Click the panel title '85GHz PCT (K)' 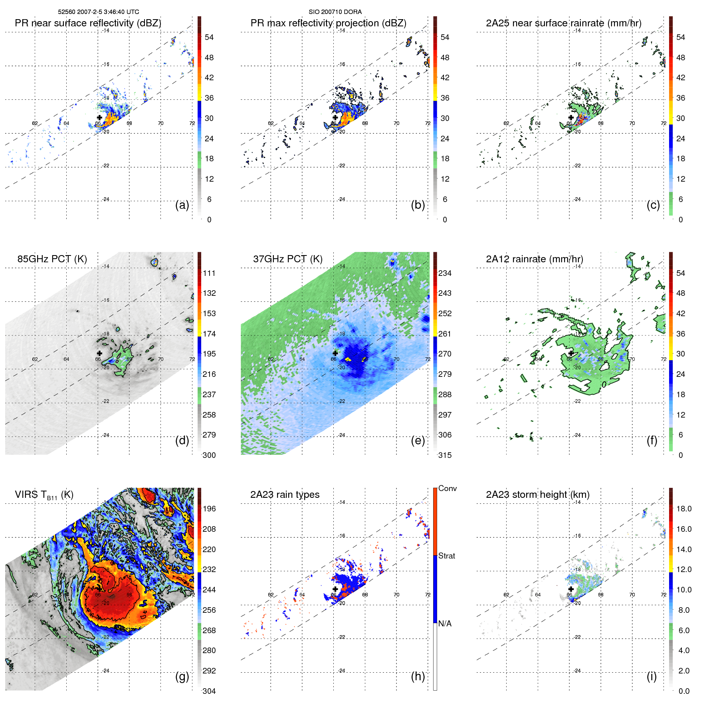coord(52,259)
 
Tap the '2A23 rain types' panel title coord(285,495)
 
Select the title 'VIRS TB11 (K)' coord(44,495)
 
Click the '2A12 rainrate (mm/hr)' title coord(534,259)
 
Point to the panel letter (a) coord(182,205)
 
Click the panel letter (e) coord(418,440)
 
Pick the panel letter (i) coord(652,676)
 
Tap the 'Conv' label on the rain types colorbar coord(448,488)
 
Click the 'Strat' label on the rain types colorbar coord(447,556)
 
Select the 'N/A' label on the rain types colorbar coord(445,624)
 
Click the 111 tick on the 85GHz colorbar coord(209,273)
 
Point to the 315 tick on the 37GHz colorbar coord(445,455)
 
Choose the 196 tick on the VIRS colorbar coord(209,509)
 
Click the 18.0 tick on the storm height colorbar coord(684,509)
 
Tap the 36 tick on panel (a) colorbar coord(209,98)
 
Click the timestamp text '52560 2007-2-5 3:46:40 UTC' coord(99,12)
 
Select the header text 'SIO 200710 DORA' coord(335,12)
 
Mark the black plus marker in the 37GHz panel coord(335,353)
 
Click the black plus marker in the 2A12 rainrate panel coord(571,353)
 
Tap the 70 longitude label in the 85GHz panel coord(160,359)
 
